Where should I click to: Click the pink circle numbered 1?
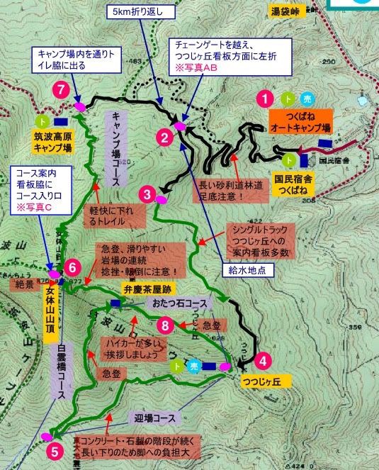[265, 99]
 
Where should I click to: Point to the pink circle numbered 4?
[262, 360]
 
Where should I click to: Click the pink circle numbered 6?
[72, 267]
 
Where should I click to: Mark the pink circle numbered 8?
[165, 325]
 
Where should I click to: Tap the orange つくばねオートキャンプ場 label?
[300, 122]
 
